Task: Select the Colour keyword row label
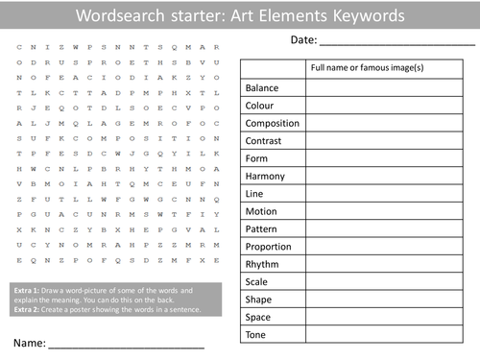[x=260, y=106]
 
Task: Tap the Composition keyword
[x=272, y=124]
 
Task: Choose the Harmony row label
[x=265, y=177]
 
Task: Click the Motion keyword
[x=261, y=211]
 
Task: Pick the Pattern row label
[x=262, y=229]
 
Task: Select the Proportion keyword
[x=270, y=247]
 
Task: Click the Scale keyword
[x=257, y=282]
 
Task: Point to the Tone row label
[x=256, y=334]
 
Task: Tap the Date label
[x=301, y=39]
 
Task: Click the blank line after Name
[x=125, y=343]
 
